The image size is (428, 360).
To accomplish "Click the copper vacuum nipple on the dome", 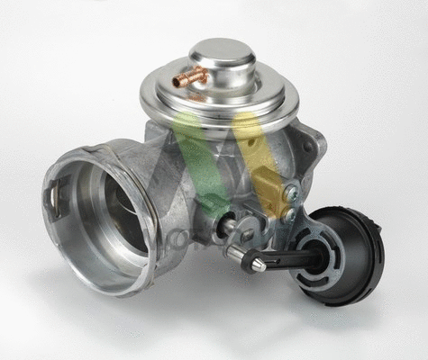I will (x=191, y=78).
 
